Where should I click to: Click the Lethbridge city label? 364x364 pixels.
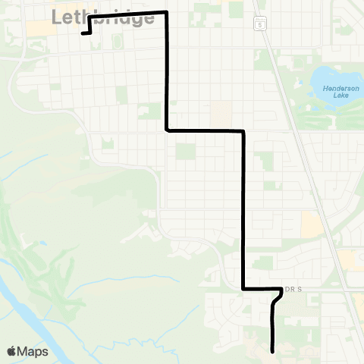tap(104, 17)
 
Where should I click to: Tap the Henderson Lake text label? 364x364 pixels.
tap(334, 93)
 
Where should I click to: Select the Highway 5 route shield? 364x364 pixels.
tap(259, 24)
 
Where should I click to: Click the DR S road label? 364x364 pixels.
tap(293, 289)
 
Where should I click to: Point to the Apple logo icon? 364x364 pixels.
tap(12, 352)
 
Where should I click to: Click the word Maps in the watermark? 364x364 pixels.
tap(33, 352)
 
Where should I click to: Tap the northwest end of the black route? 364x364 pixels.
tap(82, 33)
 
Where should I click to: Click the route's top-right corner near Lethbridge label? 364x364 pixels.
tap(166, 13)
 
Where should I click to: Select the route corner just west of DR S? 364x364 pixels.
tap(243, 289)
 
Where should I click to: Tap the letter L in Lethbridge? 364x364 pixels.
tap(58, 17)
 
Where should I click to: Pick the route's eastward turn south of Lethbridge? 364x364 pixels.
tap(167, 130)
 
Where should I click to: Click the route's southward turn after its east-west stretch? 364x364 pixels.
tap(243, 131)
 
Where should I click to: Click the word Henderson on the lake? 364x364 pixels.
tap(334, 89)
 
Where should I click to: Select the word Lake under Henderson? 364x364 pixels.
tap(334, 96)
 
